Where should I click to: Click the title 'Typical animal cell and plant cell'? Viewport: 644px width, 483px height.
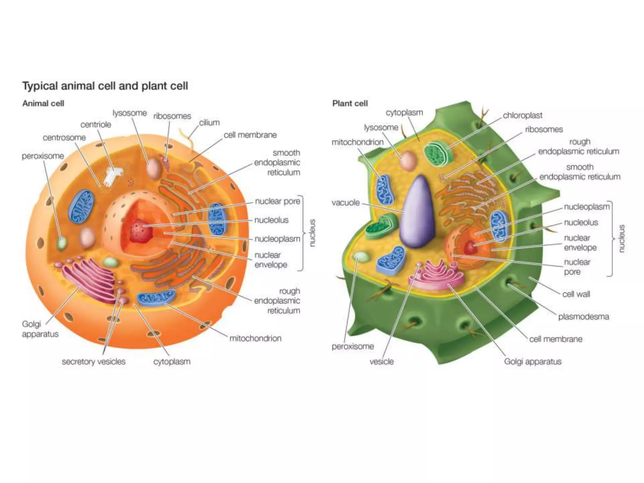click(x=105, y=86)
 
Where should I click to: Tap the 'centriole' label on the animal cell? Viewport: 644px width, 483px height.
click(x=96, y=125)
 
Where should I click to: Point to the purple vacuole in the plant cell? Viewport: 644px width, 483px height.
click(x=418, y=214)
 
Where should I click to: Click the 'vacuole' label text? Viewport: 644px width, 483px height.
click(x=346, y=203)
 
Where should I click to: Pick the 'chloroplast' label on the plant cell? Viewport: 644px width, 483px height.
click(x=522, y=115)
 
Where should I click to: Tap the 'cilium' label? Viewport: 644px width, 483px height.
click(x=209, y=123)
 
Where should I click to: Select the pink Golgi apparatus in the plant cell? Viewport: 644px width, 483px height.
click(x=437, y=275)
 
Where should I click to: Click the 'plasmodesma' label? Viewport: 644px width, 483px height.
click(x=583, y=316)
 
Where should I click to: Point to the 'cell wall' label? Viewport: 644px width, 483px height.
click(x=576, y=294)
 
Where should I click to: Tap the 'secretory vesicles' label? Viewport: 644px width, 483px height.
click(x=93, y=362)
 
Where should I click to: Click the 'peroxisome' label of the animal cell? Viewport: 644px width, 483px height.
click(x=43, y=156)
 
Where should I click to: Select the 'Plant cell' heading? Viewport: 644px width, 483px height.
click(x=350, y=103)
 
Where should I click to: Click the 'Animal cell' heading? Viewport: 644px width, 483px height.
click(x=43, y=103)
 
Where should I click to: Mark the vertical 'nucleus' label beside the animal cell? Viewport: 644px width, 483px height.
click(x=312, y=233)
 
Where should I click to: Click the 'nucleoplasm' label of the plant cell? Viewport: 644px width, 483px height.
click(x=586, y=207)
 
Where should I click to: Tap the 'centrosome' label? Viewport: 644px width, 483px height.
click(x=64, y=137)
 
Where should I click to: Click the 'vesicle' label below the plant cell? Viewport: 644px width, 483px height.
click(x=381, y=362)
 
